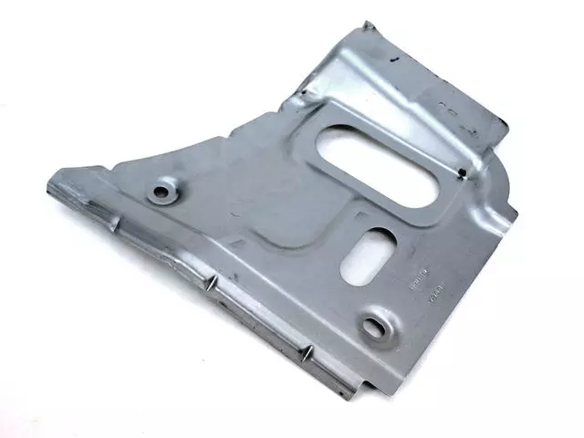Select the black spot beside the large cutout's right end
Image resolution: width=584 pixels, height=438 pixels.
[x=463, y=172]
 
